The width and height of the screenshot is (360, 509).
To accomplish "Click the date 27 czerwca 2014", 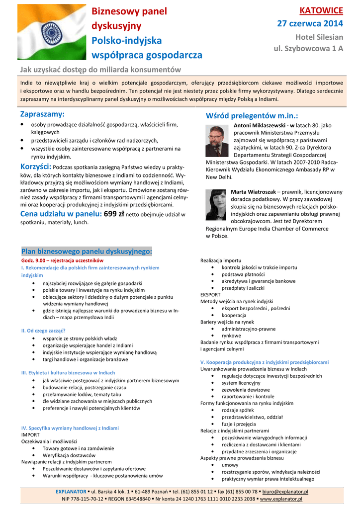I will (x=310, y=23).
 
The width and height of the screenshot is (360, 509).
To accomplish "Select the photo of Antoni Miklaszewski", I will (x=217, y=141).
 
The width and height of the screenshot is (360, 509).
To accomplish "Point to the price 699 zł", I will (x=114, y=214).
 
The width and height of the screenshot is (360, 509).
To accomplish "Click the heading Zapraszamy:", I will (x=42, y=115).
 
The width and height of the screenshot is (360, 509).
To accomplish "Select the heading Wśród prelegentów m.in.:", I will (x=252, y=116).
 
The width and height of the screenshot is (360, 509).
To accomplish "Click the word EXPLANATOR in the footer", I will (x=71, y=492).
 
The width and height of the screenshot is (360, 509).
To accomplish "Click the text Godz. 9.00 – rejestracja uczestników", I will (x=62, y=260).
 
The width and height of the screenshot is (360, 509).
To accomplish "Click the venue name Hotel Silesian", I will (x=319, y=37).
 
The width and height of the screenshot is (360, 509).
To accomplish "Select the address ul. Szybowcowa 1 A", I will (x=309, y=49).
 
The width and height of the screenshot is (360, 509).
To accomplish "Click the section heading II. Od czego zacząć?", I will (x=43, y=331).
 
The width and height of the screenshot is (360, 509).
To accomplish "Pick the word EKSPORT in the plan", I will (x=210, y=295).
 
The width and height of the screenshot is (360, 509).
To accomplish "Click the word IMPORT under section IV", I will (x=30, y=434).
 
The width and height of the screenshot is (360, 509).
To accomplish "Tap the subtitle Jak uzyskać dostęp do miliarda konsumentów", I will (x=100, y=70).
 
